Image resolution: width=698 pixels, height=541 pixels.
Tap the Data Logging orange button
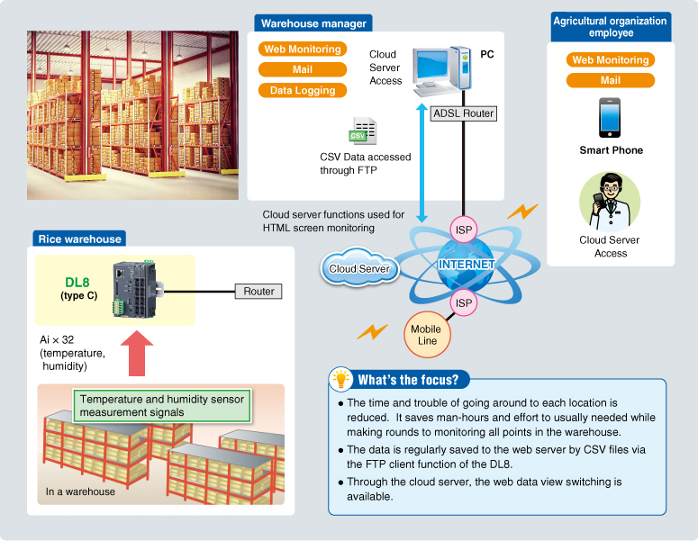pyautogui.click(x=303, y=90)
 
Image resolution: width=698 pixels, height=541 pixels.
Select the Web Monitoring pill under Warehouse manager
pyautogui.click(x=303, y=50)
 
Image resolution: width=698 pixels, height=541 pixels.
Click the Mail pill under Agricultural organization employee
pyautogui.click(x=611, y=80)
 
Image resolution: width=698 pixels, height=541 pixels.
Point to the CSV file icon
pyautogui.click(x=363, y=130)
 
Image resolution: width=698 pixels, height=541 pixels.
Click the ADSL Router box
pyautogui.click(x=464, y=113)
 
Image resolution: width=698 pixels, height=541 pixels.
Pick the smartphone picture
pyautogui.click(x=611, y=117)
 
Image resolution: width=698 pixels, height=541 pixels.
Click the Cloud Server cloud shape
pyautogui.click(x=359, y=268)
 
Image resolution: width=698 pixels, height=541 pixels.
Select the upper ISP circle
pyautogui.click(x=464, y=230)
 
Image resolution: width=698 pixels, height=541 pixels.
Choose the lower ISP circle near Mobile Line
pyautogui.click(x=464, y=303)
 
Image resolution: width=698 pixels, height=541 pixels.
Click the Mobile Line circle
pyautogui.click(x=425, y=335)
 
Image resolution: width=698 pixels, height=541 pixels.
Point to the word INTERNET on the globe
pyautogui.click(x=466, y=265)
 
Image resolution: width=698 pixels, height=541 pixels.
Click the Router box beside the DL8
pyautogui.click(x=258, y=291)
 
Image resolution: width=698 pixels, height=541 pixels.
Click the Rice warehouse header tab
pyautogui.click(x=79, y=239)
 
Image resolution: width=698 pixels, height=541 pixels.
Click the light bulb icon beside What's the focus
pyautogui.click(x=340, y=378)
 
